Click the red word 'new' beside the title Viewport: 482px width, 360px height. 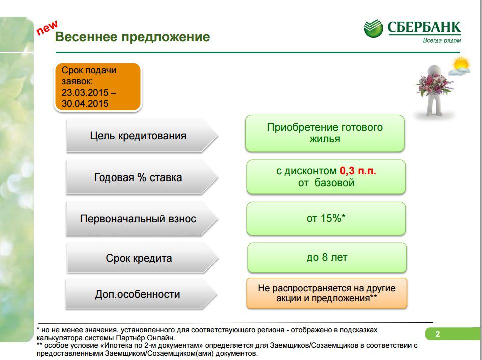click(47, 28)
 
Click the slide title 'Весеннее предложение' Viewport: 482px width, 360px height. click(132, 37)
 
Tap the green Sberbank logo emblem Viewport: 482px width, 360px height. click(373, 28)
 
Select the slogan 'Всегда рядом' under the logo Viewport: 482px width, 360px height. click(442, 40)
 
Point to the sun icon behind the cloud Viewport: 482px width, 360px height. click(461, 64)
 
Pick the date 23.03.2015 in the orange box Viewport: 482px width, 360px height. click(85, 92)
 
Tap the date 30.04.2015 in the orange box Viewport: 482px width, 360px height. click(85, 103)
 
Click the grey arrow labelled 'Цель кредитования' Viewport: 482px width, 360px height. click(142, 136)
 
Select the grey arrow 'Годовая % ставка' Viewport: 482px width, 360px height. click(142, 177)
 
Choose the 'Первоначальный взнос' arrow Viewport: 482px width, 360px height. click(142, 219)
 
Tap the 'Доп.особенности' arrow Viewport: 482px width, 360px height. click(141, 294)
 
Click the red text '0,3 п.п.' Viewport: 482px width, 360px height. click(358, 171)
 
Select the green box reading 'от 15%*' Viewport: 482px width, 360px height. click(326, 219)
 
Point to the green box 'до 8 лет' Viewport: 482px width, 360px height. click(327, 258)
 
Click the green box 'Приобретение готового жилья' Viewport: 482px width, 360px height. click(325, 133)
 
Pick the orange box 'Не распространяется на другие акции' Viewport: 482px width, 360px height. click(327, 293)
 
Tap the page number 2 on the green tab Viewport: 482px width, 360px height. click(438, 334)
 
